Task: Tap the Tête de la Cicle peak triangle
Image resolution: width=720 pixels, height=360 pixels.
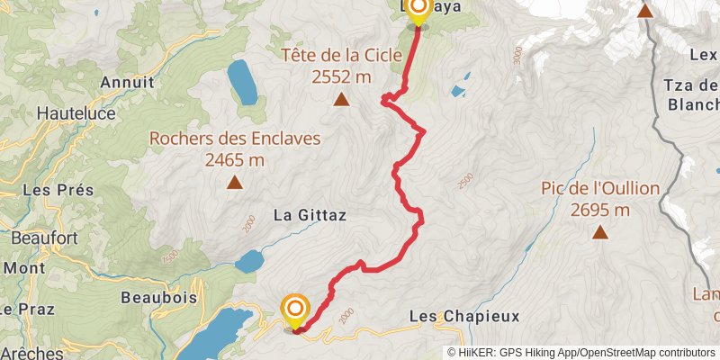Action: pyautogui.click(x=342, y=99)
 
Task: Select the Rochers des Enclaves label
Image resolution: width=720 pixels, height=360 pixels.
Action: pyautogui.click(x=234, y=139)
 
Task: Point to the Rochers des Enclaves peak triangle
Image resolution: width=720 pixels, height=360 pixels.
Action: pyautogui.click(x=234, y=183)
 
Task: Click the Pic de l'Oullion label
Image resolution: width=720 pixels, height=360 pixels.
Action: pyautogui.click(x=600, y=189)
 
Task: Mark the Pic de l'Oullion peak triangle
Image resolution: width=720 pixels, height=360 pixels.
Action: pyautogui.click(x=599, y=233)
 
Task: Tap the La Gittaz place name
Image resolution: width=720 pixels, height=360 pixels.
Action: pyautogui.click(x=310, y=215)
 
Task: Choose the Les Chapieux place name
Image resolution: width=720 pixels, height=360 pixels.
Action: pyautogui.click(x=464, y=317)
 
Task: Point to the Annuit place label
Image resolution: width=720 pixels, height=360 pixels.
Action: pyautogui.click(x=128, y=82)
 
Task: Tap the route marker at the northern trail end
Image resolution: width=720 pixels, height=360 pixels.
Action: pyautogui.click(x=418, y=9)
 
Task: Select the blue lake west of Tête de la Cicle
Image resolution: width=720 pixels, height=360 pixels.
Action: pyautogui.click(x=242, y=83)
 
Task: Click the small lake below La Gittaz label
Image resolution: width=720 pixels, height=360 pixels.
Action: pyautogui.click(x=249, y=262)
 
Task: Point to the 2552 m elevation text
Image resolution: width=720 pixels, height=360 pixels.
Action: pyautogui.click(x=342, y=77)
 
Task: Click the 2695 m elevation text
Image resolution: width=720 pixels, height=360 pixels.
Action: pyautogui.click(x=600, y=210)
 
